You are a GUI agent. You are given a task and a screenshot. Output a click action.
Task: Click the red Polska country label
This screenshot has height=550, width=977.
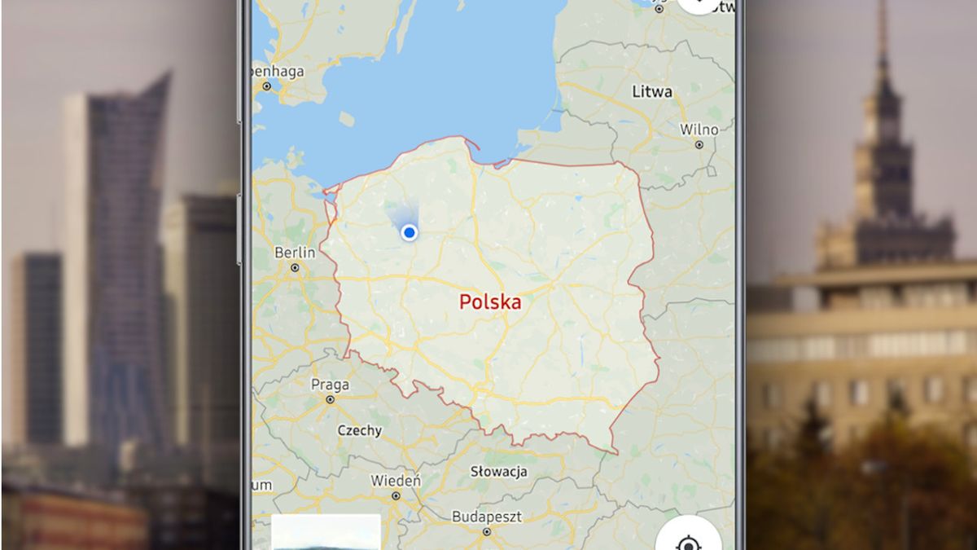point(490,302)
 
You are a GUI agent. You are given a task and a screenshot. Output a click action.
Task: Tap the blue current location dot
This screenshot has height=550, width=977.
point(410,232)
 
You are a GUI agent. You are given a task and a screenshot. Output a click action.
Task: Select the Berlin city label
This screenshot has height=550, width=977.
point(295,253)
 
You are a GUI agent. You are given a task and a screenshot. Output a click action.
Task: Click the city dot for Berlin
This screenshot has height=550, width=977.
point(295,267)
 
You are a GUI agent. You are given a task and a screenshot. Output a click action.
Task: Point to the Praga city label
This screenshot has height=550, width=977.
point(330,385)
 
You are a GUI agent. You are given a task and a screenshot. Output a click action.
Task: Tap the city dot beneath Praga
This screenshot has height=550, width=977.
point(330,399)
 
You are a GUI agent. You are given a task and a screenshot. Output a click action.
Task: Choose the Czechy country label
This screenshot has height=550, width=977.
point(359,430)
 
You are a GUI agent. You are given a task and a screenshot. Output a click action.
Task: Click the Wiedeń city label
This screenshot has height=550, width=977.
point(396,481)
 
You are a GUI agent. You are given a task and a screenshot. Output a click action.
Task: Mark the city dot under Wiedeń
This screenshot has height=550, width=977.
point(396,495)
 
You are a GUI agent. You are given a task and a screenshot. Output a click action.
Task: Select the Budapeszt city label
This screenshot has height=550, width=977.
point(486,517)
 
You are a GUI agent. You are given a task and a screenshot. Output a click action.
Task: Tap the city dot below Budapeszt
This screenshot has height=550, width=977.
point(486,531)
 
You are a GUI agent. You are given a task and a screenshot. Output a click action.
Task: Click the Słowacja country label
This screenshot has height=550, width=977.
point(499,472)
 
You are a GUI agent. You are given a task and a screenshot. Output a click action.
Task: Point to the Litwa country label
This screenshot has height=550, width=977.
point(652,92)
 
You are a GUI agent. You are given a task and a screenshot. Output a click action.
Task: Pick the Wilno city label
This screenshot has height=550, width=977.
point(699,130)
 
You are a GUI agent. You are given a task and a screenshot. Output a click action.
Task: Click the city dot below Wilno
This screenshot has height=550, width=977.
point(699,144)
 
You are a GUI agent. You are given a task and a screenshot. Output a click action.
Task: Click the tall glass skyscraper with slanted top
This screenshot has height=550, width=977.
point(126,244)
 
